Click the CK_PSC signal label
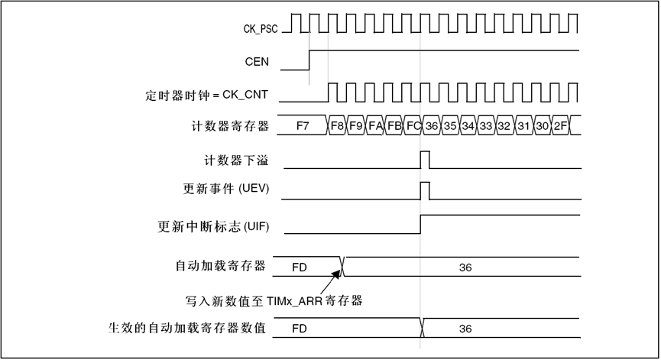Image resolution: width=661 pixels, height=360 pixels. point(260,29)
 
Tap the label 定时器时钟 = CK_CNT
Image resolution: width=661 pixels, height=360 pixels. point(210,96)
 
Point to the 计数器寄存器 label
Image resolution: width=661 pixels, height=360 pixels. point(230,125)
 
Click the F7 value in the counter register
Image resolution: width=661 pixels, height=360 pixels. point(303,125)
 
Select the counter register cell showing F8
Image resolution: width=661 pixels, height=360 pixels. point(337,125)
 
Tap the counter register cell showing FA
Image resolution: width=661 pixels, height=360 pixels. point(375,125)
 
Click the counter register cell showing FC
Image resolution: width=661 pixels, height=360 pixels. point(413,125)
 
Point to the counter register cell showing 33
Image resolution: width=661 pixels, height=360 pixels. point(486,125)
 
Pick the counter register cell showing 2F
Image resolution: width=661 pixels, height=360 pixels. point(560,125)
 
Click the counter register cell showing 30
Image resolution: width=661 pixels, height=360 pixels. point(542,125)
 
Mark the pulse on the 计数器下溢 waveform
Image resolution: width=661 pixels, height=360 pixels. point(425,160)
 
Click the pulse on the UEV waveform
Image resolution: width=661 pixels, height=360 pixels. point(425,190)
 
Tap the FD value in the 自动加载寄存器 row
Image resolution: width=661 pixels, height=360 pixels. point(300,268)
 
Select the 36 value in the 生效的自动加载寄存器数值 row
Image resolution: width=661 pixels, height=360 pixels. point(465,329)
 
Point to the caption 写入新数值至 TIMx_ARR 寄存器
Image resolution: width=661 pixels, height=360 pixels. point(273,300)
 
